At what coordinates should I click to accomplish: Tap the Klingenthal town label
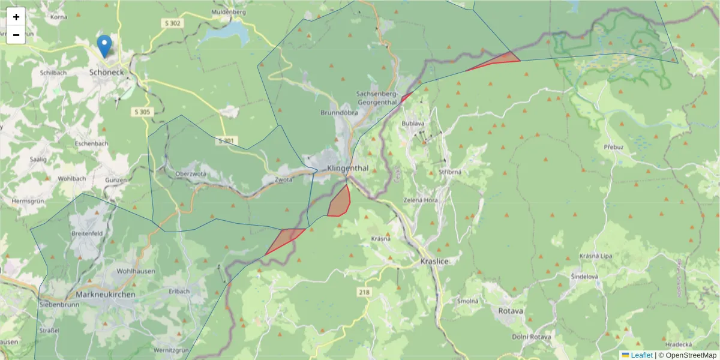(x=348, y=169)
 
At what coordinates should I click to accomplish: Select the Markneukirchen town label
(x=106, y=295)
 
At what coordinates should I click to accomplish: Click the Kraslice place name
(x=435, y=262)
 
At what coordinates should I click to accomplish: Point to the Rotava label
(x=511, y=311)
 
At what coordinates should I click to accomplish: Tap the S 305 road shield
(x=142, y=112)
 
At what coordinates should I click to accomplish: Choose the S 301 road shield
(x=227, y=140)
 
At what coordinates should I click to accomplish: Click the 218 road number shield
(x=364, y=292)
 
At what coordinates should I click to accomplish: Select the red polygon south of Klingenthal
(x=340, y=202)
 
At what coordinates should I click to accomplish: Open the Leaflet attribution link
(x=641, y=355)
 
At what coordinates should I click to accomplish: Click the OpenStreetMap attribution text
(x=687, y=355)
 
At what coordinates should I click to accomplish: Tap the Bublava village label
(x=413, y=124)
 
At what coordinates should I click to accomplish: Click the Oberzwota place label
(x=191, y=174)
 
